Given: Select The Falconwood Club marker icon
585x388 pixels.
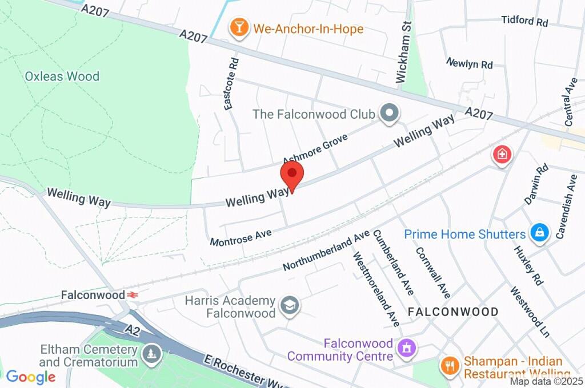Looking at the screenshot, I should coord(390,114).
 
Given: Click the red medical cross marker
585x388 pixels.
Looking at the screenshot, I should coord(502,154).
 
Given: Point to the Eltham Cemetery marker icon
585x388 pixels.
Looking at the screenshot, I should coord(151,354).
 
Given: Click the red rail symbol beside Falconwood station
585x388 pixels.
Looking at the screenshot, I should coord(133,295).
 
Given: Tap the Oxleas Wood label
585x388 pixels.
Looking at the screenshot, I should coord(62,76).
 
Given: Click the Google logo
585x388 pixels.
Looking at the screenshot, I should coord(30,377).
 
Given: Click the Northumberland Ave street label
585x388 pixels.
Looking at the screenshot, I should coord(326,251).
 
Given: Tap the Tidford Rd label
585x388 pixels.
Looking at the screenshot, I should coord(524,21).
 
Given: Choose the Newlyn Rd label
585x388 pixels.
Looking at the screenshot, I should coord(470,63).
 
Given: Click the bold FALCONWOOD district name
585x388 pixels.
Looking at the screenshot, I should coord(453,312).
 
